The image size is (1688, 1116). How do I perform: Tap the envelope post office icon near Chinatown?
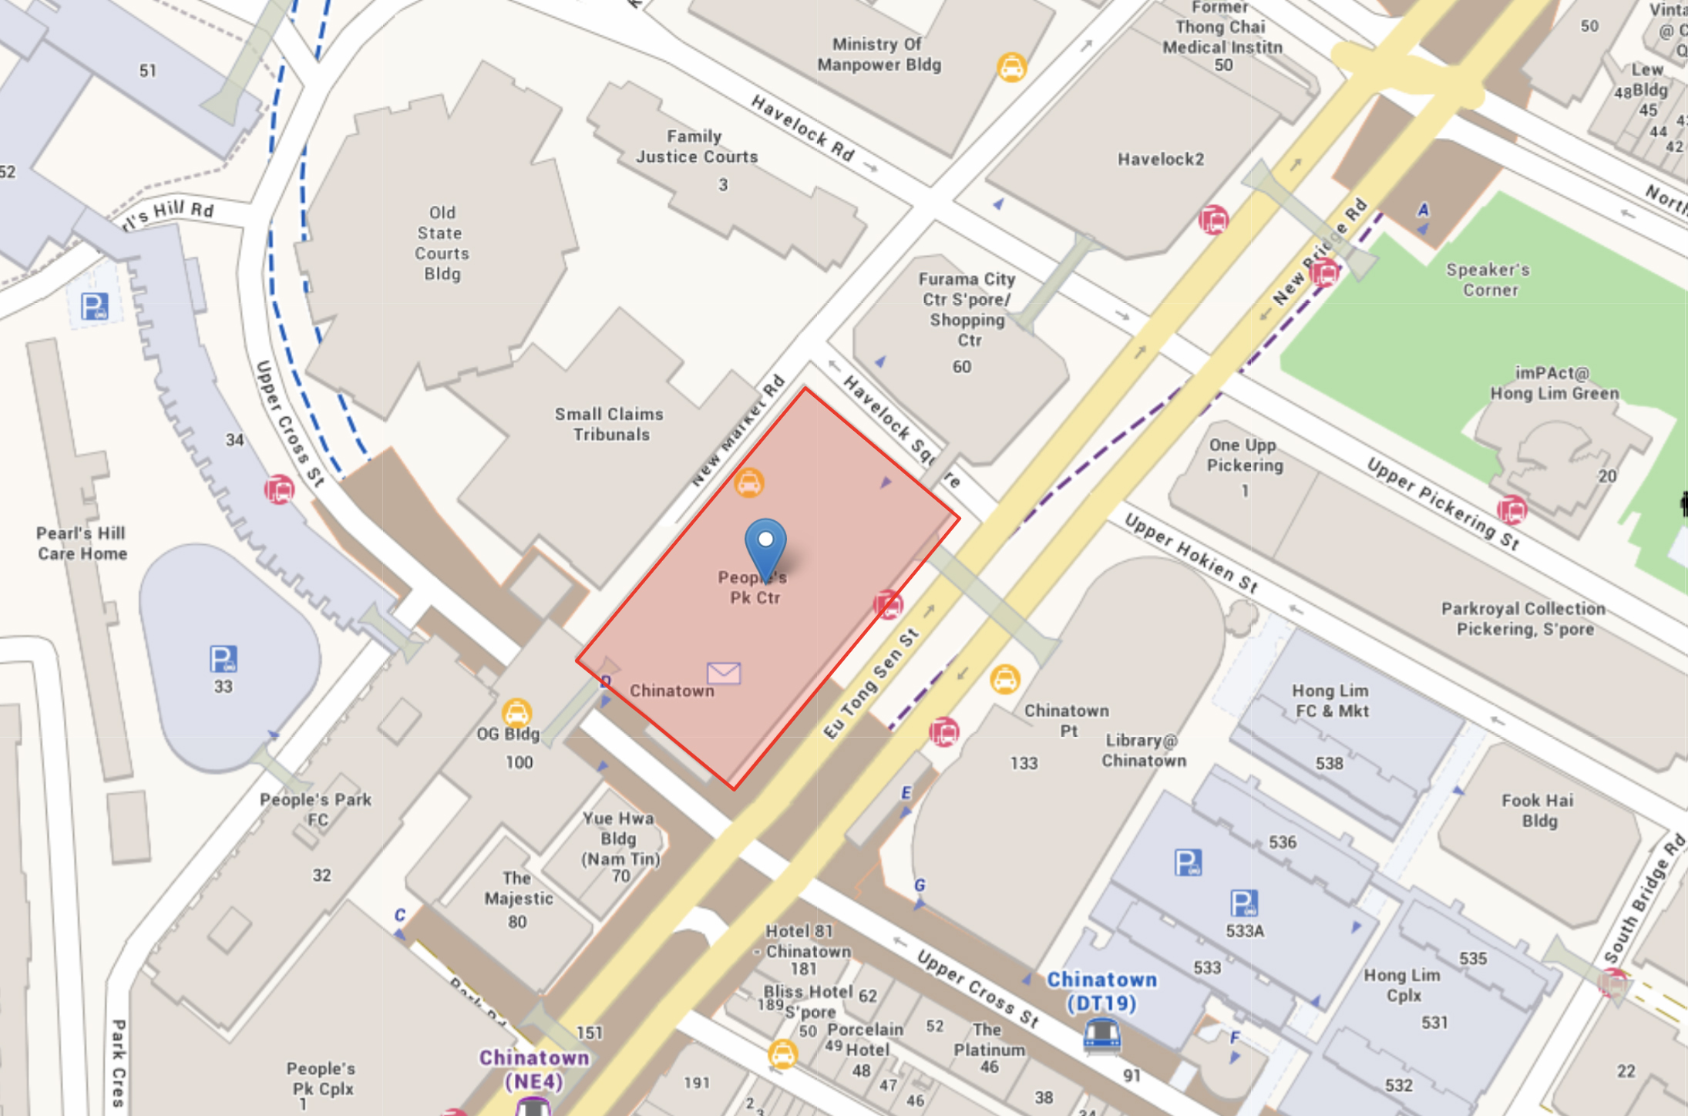tap(724, 673)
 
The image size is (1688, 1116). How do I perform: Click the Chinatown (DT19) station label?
tap(1101, 991)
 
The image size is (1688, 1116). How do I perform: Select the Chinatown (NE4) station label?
tap(533, 1069)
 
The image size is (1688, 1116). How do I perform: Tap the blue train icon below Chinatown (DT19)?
tap(1101, 1034)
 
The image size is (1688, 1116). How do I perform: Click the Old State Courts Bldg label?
tap(442, 243)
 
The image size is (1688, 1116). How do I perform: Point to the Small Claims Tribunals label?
tap(610, 424)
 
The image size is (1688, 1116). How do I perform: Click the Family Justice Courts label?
tap(696, 146)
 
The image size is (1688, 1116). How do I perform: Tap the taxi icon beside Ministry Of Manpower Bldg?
tap(1011, 67)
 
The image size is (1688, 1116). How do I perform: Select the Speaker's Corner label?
tap(1489, 280)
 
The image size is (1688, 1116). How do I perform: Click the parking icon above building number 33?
tap(224, 659)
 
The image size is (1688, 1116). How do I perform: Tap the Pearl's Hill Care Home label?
tap(82, 543)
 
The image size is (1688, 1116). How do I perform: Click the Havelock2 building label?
tap(1160, 160)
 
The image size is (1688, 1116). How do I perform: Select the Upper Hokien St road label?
tap(1191, 553)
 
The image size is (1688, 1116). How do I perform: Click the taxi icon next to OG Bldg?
tap(516, 712)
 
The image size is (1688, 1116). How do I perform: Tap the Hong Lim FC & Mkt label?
tap(1330, 701)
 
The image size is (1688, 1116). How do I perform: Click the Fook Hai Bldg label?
tap(1538, 810)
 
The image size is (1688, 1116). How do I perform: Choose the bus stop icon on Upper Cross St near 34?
tap(279, 489)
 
